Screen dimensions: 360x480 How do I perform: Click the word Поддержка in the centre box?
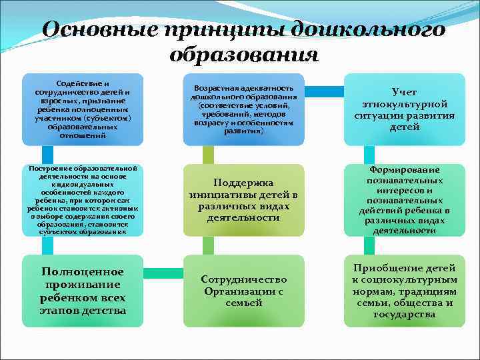coord(243,183)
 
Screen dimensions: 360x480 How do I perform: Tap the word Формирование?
coord(404,170)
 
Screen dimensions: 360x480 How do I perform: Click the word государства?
coord(405,314)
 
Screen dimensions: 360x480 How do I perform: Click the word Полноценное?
coord(83,273)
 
